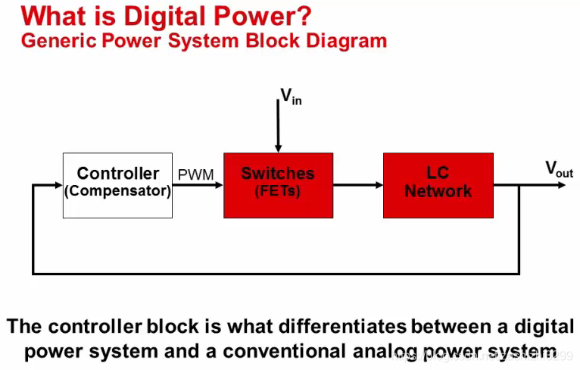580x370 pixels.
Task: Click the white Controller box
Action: [117, 184]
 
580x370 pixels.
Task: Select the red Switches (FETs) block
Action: [278, 185]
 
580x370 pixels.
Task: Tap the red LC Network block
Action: [438, 185]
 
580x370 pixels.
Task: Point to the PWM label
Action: [196, 175]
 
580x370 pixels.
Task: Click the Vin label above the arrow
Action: [291, 96]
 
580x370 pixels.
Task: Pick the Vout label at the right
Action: [559, 169]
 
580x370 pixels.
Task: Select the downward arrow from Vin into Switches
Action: [278, 125]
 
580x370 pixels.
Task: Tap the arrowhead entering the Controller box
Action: [58, 185]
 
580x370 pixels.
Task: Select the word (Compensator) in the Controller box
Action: [117, 191]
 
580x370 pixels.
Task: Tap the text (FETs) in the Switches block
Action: [278, 191]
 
